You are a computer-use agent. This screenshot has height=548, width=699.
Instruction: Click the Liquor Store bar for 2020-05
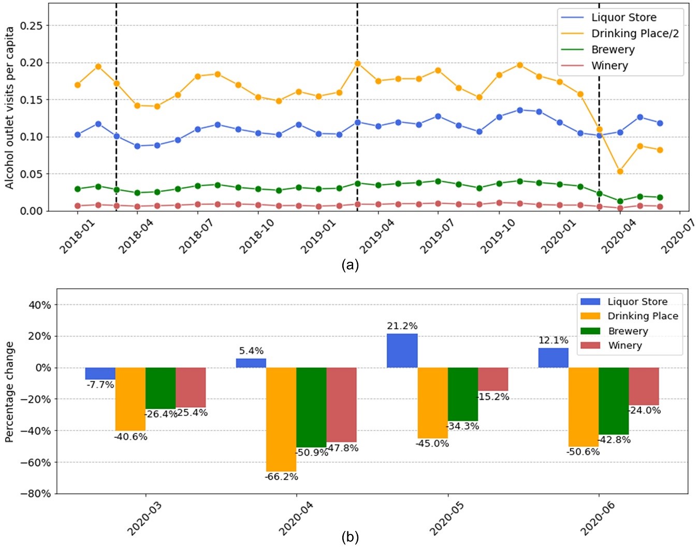[x=402, y=351]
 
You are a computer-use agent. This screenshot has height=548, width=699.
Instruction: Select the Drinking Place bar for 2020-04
[x=281, y=419]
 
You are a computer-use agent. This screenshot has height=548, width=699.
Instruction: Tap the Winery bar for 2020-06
[x=644, y=386]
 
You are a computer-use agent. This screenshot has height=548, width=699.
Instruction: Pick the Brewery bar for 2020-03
[x=161, y=388]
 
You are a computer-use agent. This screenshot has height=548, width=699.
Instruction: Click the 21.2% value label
[x=402, y=326]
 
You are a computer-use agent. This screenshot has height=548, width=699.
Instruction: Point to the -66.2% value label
[x=281, y=477]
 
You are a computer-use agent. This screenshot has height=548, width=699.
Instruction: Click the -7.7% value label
[x=100, y=385]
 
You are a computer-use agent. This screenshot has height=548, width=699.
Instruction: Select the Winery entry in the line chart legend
[x=609, y=66]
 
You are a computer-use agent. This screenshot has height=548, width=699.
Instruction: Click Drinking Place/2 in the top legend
[x=635, y=34]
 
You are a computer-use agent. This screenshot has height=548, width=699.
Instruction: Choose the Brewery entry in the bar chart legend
[x=628, y=331]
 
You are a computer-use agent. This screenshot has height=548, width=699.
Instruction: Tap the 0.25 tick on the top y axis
[x=31, y=26]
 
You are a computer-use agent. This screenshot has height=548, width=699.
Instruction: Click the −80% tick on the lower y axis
[x=36, y=494]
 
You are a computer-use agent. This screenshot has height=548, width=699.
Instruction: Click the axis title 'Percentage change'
[x=9, y=392]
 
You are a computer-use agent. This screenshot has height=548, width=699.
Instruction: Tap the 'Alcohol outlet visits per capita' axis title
[x=9, y=108]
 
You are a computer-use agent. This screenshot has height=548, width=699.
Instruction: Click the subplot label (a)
[x=350, y=265]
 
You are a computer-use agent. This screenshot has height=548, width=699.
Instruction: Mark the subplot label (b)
[x=350, y=537]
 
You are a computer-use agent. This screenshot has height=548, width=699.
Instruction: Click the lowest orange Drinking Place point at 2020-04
[x=620, y=171]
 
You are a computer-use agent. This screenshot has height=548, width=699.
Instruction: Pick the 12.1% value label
[x=553, y=340]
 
